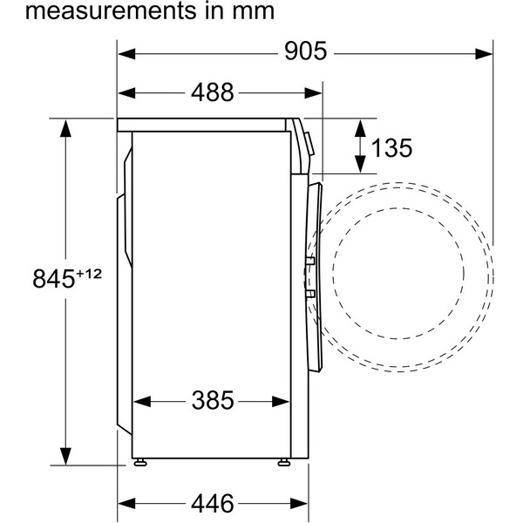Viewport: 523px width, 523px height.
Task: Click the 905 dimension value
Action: (x=306, y=51)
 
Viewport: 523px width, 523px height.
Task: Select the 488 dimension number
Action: (x=212, y=92)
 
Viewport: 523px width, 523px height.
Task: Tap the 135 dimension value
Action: (x=391, y=148)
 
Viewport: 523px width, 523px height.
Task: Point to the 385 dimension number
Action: (x=213, y=400)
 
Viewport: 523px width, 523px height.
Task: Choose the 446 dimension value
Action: (x=212, y=503)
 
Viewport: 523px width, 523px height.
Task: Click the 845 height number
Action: (x=53, y=279)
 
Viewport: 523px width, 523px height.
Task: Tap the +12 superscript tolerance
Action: (x=89, y=274)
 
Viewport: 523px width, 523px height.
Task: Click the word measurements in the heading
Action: (x=111, y=10)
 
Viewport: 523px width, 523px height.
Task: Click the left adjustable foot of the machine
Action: (x=140, y=462)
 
